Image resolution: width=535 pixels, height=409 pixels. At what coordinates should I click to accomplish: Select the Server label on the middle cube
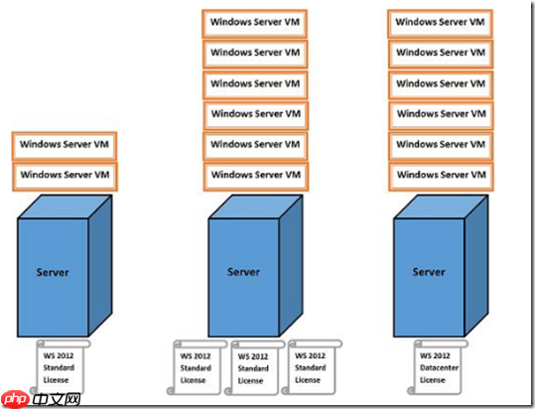pyautogui.click(x=243, y=272)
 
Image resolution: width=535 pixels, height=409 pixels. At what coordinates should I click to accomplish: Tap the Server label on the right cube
pyautogui.click(x=429, y=272)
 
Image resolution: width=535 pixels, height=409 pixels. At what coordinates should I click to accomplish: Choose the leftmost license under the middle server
pyautogui.click(x=196, y=367)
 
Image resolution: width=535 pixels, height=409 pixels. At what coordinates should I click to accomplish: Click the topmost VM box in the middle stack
pyautogui.click(x=257, y=21)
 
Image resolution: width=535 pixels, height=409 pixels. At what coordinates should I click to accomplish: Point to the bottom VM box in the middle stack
pyautogui.click(x=257, y=177)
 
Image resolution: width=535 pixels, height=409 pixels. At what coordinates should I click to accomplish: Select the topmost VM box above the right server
pyautogui.click(x=440, y=21)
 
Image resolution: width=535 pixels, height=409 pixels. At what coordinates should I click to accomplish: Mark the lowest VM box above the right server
pyautogui.click(x=440, y=177)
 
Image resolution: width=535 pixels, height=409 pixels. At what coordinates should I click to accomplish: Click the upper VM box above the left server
pyautogui.click(x=66, y=145)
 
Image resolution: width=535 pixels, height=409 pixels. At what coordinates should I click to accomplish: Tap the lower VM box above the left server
pyautogui.click(x=66, y=176)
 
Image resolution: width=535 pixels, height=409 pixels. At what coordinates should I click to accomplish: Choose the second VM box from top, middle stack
pyautogui.click(x=257, y=53)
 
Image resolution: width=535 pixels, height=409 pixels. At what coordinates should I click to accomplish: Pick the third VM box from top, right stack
pyautogui.click(x=440, y=83)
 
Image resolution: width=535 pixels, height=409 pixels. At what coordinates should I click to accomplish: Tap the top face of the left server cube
pyautogui.click(x=64, y=206)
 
